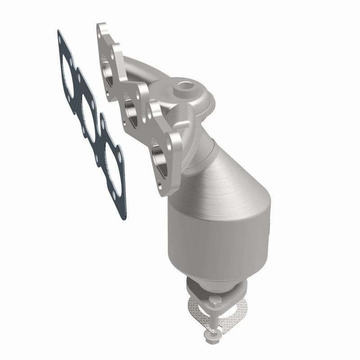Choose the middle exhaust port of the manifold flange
(131, 108)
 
